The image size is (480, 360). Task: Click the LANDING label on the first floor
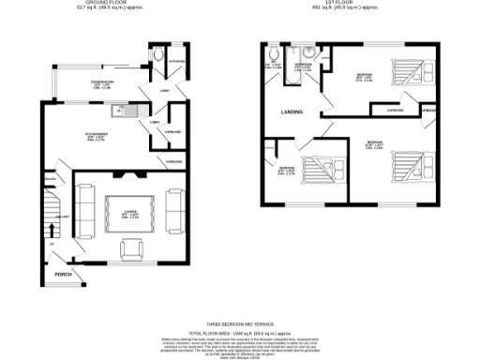292,112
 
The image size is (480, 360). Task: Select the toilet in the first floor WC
271,58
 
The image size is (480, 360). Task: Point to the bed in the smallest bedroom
319,170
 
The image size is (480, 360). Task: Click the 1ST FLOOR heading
347,4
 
